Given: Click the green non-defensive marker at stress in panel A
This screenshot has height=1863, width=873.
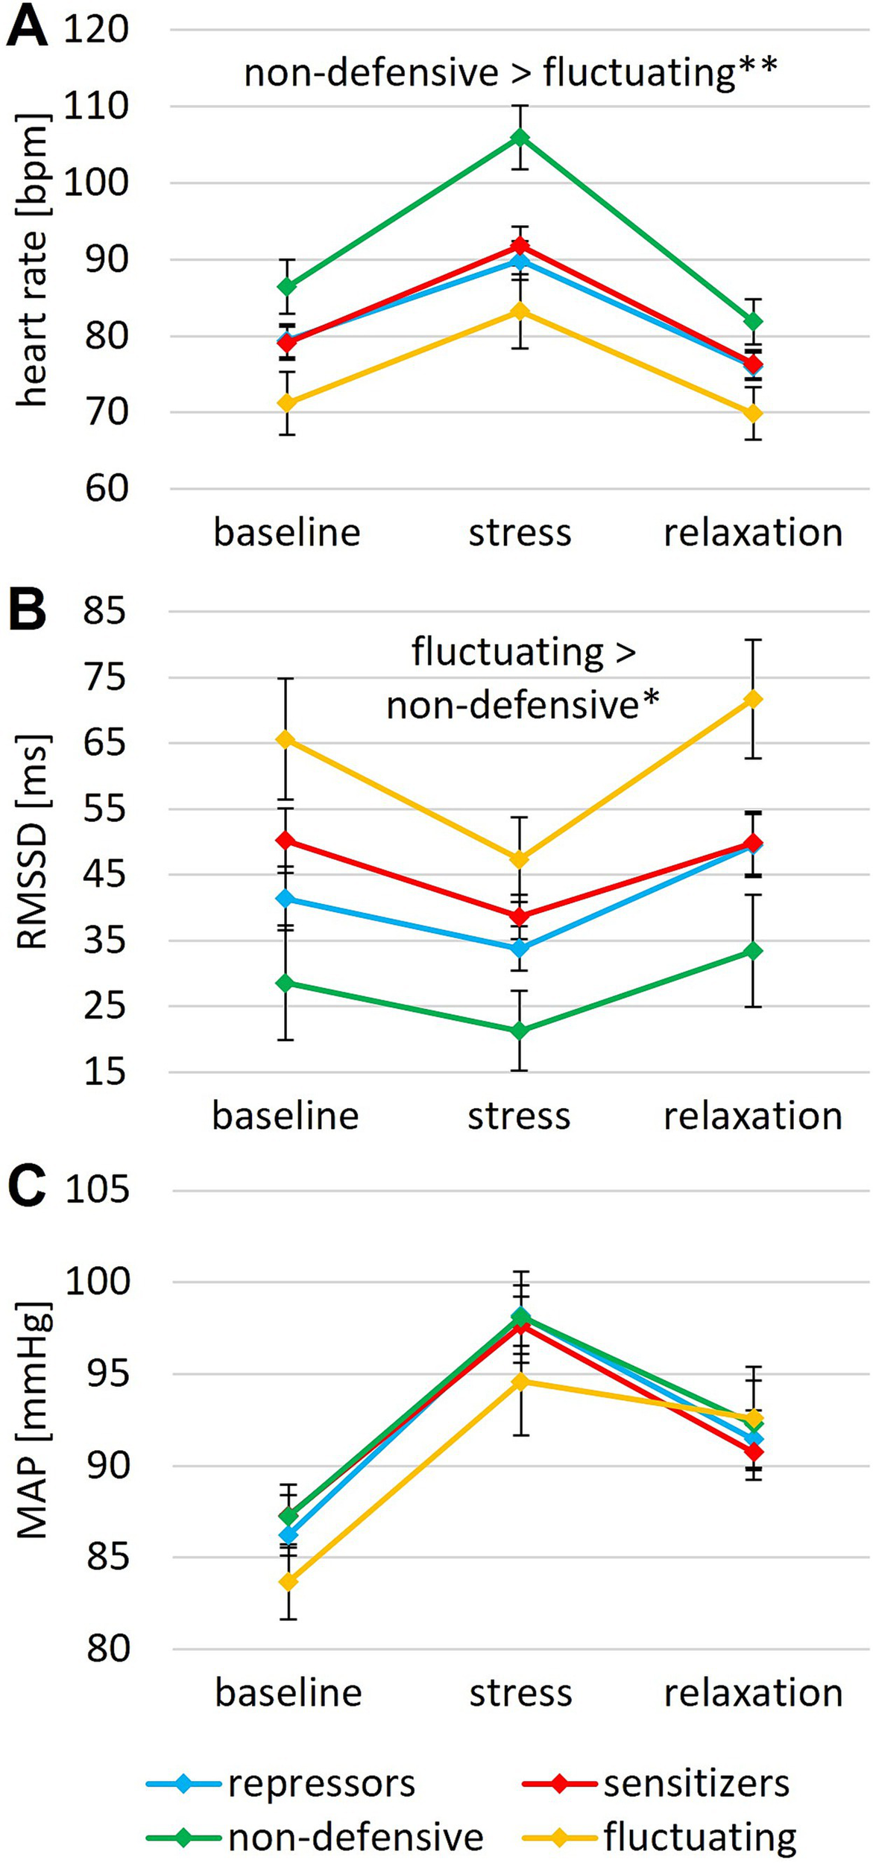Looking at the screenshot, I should pos(520,138).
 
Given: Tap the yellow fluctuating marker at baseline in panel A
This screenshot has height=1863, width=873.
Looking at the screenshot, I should pos(287,403).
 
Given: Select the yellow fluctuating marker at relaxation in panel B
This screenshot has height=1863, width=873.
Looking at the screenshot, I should pos(753,699).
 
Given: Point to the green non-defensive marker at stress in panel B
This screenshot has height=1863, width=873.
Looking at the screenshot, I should pos(520,1031).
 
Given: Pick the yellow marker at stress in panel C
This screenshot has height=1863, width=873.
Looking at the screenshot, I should pos(520,1382).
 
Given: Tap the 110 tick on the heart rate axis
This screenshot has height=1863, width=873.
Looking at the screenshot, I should pos(96,107).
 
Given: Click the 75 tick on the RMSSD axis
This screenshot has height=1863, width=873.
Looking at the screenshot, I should pos(106,678).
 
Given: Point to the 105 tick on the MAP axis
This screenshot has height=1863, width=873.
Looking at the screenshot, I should pos(97,1190).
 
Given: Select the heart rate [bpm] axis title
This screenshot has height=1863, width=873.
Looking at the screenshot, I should pos(34,259).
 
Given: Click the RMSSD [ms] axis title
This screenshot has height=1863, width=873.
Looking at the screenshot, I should pos(34,842).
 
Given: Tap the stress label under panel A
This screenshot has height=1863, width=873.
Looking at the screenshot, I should pos(520,533).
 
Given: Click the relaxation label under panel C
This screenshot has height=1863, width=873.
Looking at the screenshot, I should pos(753,1693).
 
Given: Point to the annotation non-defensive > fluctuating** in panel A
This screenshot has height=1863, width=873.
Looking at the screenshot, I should pos(511,72).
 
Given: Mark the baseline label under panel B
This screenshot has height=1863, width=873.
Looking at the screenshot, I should pos(286,1116).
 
